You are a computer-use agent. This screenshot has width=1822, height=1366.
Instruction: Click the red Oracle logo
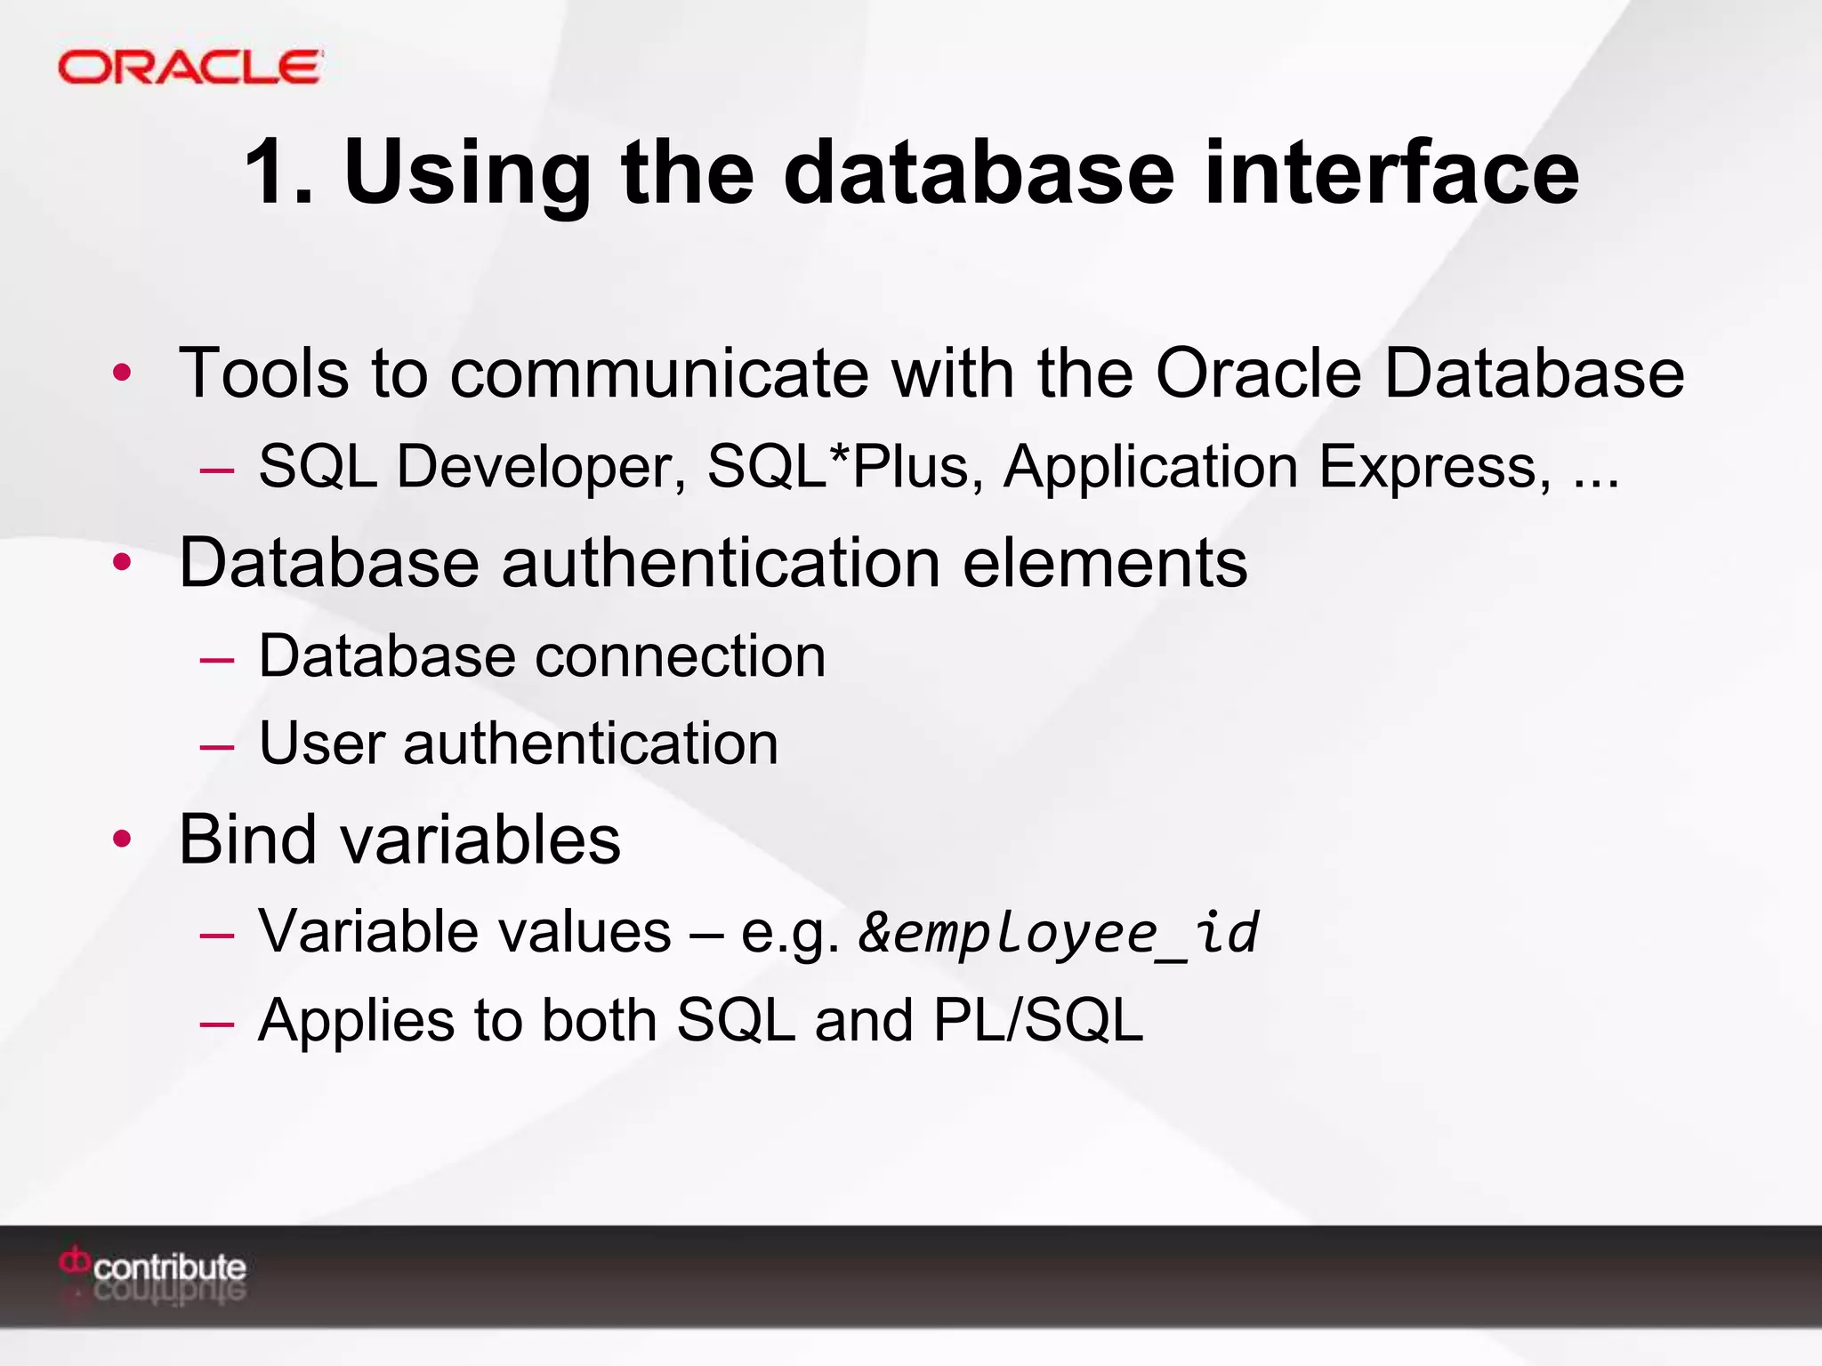pos(189,68)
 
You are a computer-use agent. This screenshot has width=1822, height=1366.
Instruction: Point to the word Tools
pos(263,373)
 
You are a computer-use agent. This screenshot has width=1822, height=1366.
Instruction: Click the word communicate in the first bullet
pos(659,373)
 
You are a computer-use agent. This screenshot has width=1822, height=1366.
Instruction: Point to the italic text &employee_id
pos(1059,933)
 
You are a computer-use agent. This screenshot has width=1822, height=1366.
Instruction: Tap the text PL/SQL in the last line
pos(1037,1020)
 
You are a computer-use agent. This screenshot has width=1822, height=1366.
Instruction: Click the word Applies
pos(355,1022)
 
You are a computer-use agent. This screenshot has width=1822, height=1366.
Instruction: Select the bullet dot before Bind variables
pos(123,838)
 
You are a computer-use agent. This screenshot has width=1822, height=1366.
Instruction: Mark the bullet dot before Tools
pos(123,373)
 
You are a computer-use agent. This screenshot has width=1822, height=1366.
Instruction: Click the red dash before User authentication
pos(217,745)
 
